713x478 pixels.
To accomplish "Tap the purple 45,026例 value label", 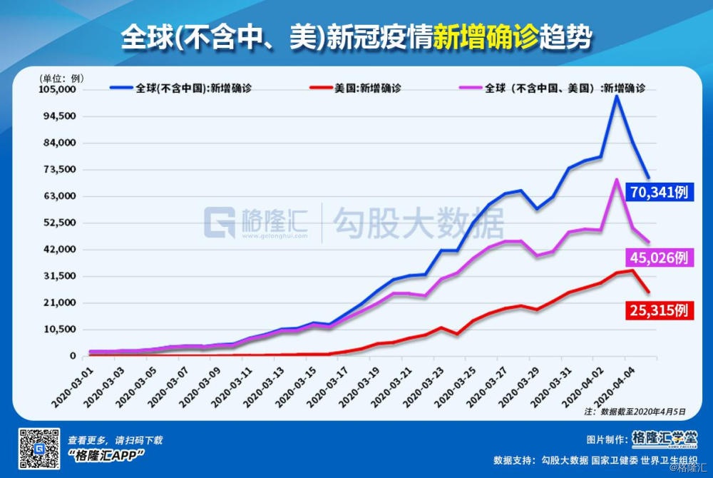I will point(660,258).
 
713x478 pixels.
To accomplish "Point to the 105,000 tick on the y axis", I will point(56,90).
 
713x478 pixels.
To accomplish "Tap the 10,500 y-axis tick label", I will point(59,329).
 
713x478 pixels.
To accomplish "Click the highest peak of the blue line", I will point(616,96).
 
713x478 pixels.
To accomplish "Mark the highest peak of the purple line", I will point(616,179).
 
